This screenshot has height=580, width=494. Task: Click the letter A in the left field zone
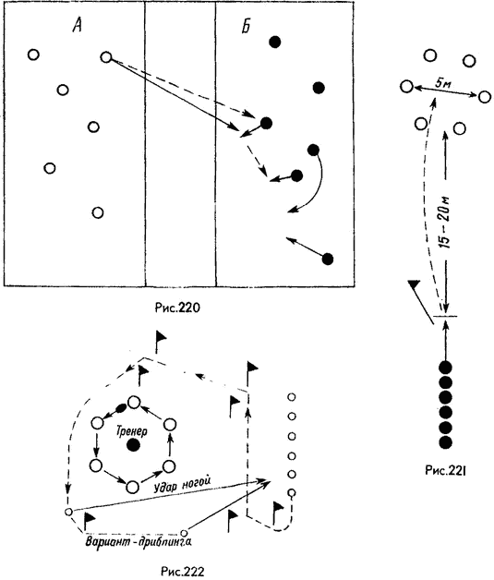[77, 26]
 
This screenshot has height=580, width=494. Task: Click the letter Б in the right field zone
[247, 26]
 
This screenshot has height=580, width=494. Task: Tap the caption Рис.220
[177, 308]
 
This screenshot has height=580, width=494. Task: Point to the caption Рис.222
[182, 571]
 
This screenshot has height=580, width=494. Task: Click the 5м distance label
[442, 84]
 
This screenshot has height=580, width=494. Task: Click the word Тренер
[132, 431]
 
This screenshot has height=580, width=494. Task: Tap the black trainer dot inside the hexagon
[133, 444]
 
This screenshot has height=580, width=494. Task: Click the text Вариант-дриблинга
[139, 542]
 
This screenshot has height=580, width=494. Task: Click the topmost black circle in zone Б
[275, 42]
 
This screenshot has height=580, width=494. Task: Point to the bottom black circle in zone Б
[328, 259]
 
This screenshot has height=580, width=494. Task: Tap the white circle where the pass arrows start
[106, 57]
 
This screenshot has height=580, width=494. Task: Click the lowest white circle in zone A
[98, 212]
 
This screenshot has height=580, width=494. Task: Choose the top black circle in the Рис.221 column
[445, 368]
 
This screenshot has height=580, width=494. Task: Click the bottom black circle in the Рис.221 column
[445, 441]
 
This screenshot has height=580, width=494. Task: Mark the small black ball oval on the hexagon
[121, 408]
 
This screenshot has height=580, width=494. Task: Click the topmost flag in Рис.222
[161, 342]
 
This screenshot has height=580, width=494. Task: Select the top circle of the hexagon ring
[134, 402]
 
